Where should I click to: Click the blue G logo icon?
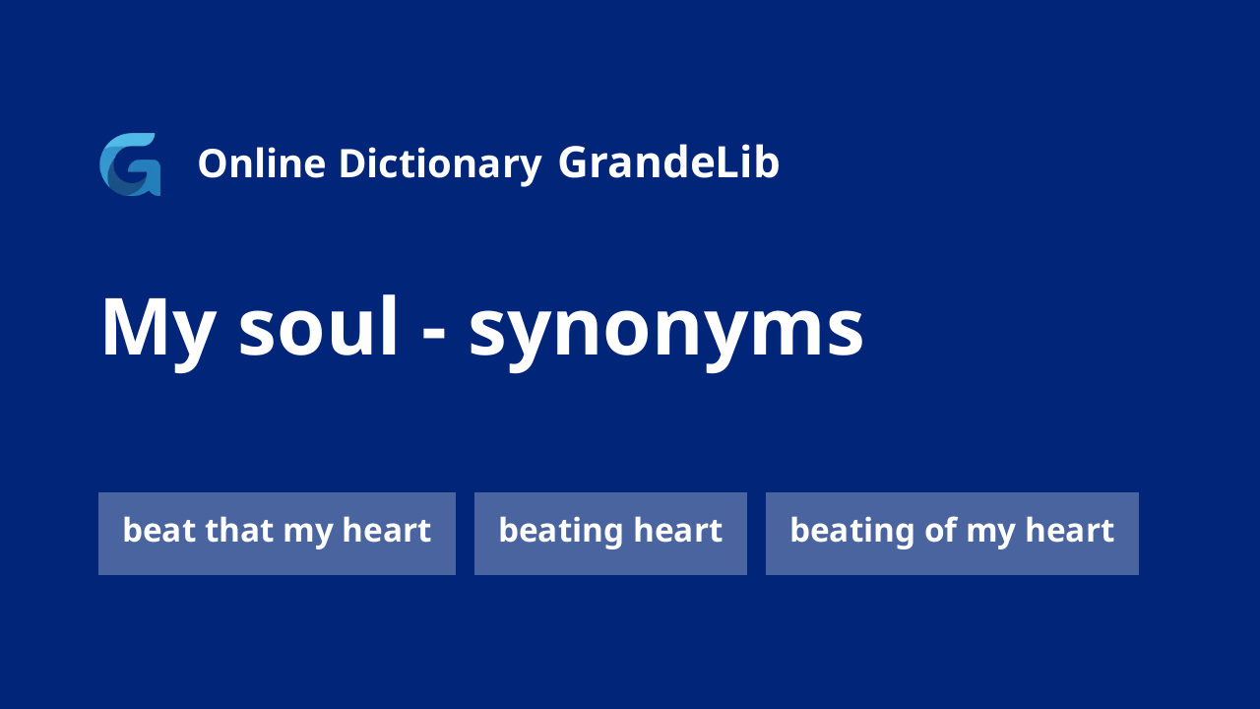coord(130,164)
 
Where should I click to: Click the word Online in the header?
coord(262,163)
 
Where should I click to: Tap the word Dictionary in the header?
coord(440,164)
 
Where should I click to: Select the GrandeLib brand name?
coord(668,162)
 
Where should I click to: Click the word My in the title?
coord(158,332)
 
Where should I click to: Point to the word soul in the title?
coord(318,327)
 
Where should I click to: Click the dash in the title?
coord(434,332)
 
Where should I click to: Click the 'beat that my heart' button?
coord(277,534)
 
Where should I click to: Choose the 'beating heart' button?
coord(610,534)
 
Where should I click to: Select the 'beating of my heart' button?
coord(952,534)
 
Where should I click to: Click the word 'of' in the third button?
coord(940,530)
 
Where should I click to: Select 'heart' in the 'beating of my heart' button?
coord(1069,530)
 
